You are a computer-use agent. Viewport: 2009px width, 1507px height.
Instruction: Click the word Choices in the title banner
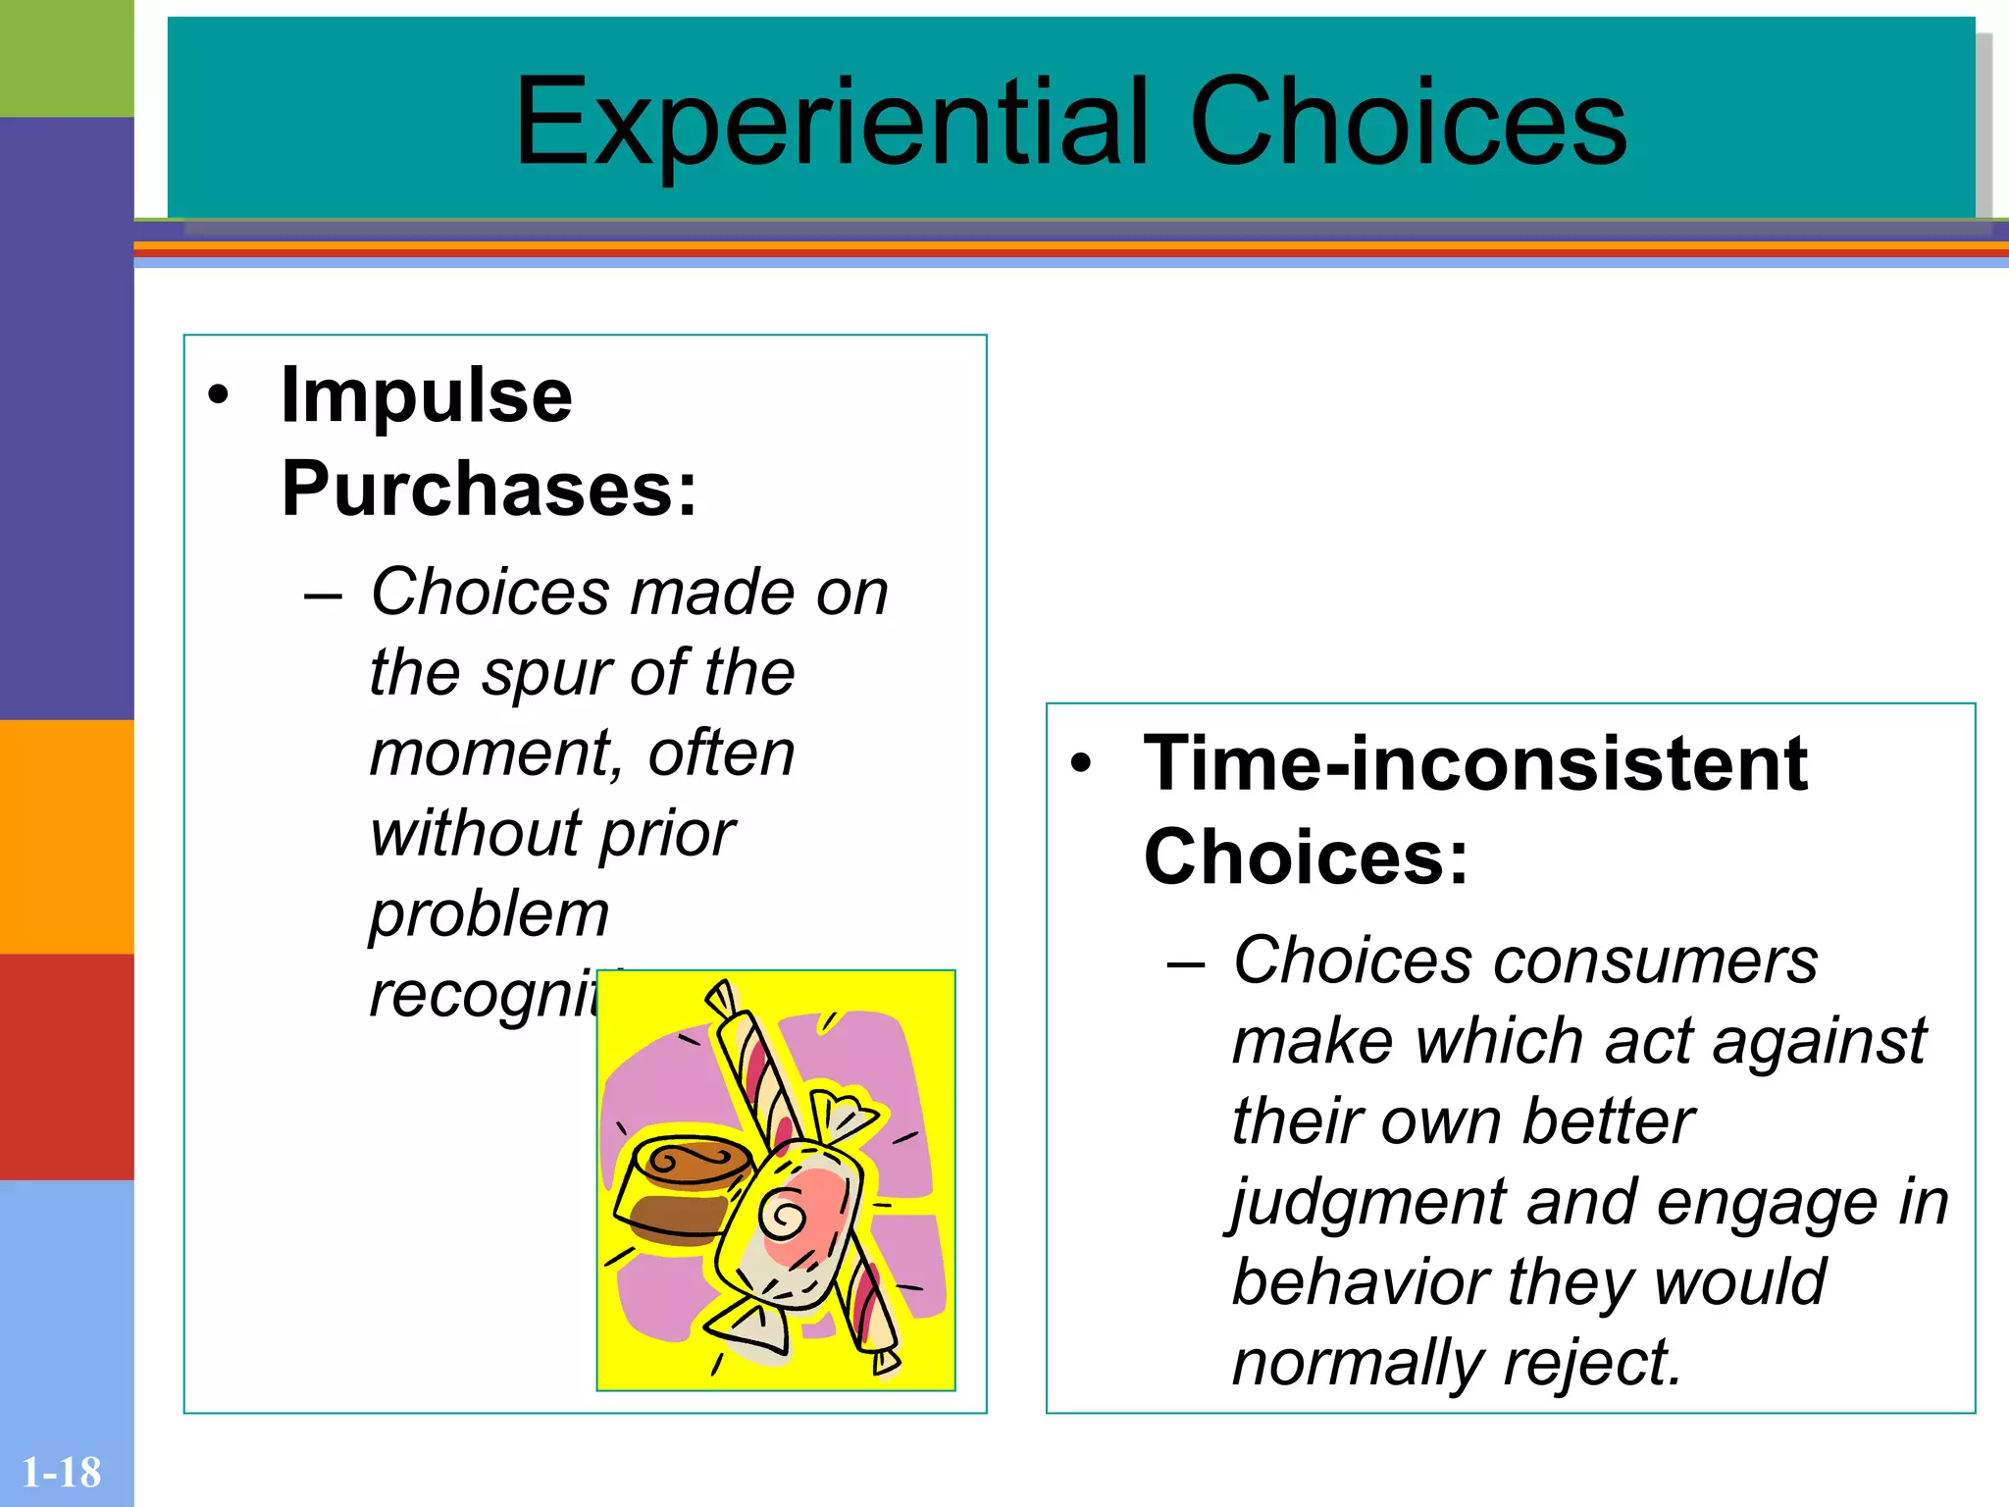tap(1409, 124)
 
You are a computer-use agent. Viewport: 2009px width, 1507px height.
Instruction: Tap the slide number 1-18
tap(61, 1472)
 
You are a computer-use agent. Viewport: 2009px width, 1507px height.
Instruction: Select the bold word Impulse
tap(426, 395)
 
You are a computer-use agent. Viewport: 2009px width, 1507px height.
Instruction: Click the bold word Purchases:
tap(489, 489)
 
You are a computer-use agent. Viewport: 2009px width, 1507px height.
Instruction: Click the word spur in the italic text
tap(546, 675)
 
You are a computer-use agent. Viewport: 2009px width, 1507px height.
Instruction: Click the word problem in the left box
tap(489, 914)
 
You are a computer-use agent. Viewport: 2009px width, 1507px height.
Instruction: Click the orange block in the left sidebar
tap(67, 836)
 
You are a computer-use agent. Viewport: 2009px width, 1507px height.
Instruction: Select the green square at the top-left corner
tap(67, 58)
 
